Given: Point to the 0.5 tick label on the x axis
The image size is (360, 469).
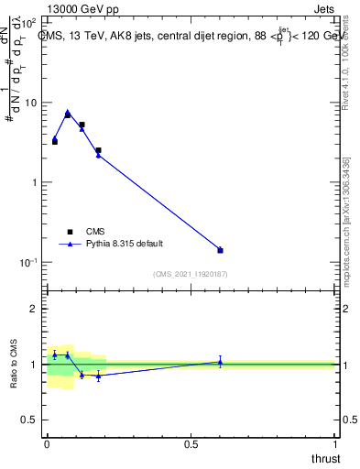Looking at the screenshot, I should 191,443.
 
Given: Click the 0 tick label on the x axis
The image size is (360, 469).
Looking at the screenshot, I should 47,443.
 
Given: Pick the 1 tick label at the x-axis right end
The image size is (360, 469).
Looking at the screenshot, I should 334,443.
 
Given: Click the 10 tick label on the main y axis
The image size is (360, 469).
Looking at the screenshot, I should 31,103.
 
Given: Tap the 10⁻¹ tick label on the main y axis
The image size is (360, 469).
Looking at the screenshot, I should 29,262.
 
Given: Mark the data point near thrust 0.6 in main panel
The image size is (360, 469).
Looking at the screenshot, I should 220,250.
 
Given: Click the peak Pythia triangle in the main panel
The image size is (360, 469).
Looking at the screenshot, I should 68,113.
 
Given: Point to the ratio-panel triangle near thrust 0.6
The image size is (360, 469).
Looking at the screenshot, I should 220,362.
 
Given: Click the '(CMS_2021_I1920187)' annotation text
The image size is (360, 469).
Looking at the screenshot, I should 191,274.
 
